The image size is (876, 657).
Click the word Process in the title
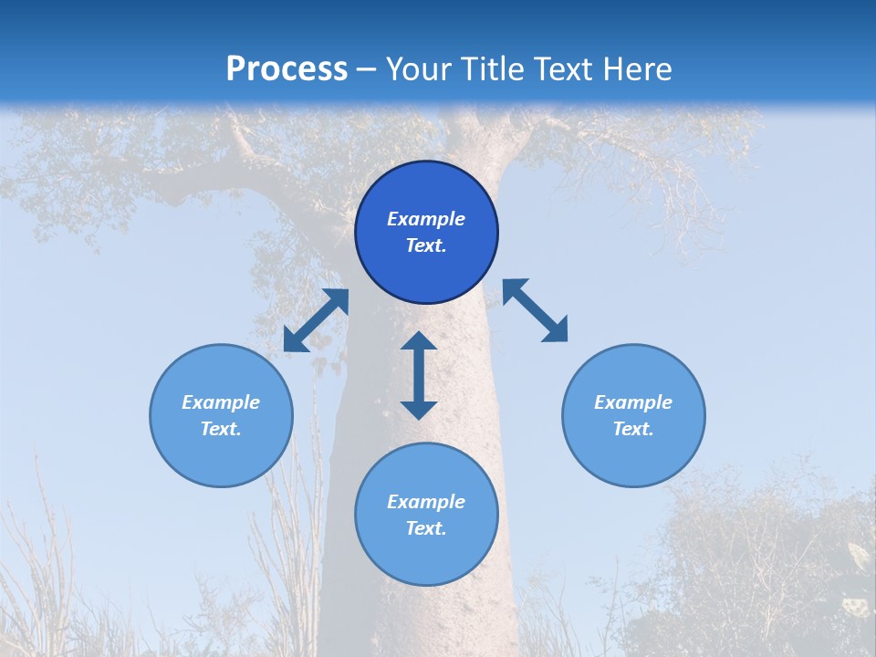287,69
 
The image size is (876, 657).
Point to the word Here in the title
637,69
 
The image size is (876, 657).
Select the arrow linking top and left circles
316,320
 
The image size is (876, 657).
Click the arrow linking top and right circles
535,310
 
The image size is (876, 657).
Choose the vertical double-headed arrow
419,375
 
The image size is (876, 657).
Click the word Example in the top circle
426,219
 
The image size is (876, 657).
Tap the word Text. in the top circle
426,245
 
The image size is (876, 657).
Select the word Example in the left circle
221,402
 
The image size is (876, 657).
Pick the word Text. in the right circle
633,429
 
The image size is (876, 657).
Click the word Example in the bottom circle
426,502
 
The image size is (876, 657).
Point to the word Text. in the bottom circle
426,528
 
